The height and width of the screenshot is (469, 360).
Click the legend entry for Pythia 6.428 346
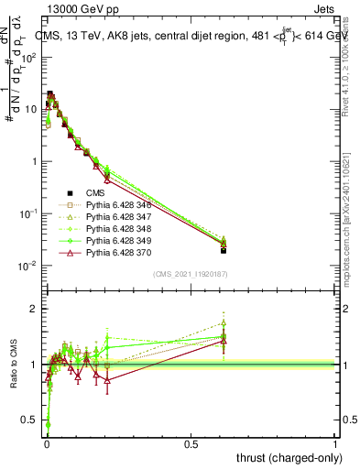(x=109, y=206)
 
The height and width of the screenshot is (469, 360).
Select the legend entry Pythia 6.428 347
(x=109, y=218)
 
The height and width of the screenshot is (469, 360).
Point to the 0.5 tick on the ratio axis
(x=28, y=420)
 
